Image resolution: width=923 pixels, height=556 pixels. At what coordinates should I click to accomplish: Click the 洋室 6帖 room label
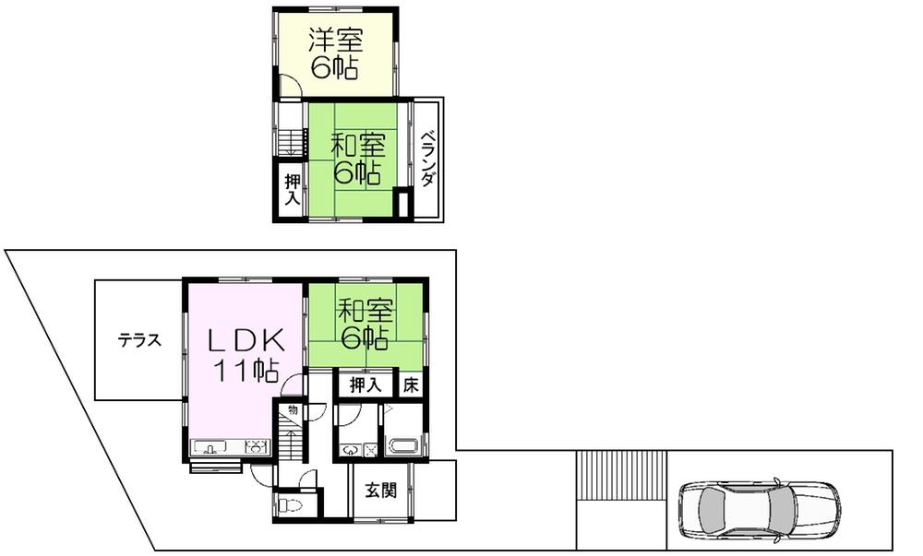[x=336, y=54]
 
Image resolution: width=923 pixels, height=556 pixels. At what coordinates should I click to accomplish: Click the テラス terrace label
[x=139, y=340]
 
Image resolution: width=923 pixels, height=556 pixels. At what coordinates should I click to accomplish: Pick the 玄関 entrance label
[x=379, y=491]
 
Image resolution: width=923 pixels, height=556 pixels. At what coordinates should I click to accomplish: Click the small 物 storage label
[x=292, y=409]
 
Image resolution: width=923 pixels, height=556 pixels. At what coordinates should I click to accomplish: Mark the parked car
[x=760, y=508]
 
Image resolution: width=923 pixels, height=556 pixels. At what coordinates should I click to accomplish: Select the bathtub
[x=403, y=447]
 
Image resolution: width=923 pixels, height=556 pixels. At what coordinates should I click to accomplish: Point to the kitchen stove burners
[x=255, y=449]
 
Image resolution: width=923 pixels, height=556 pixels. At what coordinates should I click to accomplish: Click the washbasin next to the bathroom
[x=352, y=450]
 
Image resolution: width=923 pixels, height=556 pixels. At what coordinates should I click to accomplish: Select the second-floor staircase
[x=290, y=140]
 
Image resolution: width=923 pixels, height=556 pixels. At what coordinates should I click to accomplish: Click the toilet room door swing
[x=307, y=479]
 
